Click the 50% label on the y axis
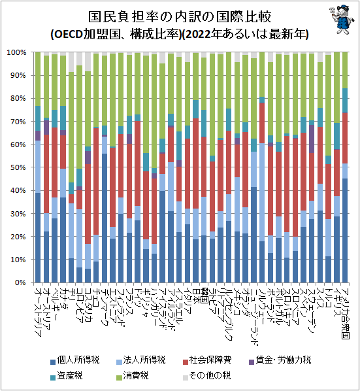18,168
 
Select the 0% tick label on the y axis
20,283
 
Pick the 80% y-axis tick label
18,99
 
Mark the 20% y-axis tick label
18,237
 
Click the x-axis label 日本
195,295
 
